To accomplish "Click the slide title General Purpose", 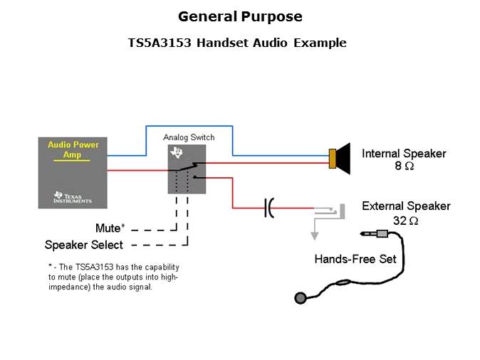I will point(240,16).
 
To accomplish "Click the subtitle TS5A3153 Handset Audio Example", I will point(236,43).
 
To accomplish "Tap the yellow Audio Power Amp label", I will point(73,149).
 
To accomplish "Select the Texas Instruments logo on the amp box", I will point(72,196).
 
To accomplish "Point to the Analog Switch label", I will point(189,137).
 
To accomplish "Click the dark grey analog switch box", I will point(187,169).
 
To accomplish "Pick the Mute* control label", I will point(110,228).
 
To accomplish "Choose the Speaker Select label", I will point(84,245).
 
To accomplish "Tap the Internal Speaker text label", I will point(404,154).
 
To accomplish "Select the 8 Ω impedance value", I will point(404,166).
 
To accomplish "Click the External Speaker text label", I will point(406,206).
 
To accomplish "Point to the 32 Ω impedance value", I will point(405,221).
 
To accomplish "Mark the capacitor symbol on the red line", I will point(268,208).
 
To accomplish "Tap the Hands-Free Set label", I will point(355,259).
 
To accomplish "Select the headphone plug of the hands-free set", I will point(377,233).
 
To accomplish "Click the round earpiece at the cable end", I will point(302,297).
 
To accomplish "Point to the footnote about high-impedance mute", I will point(113,277).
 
